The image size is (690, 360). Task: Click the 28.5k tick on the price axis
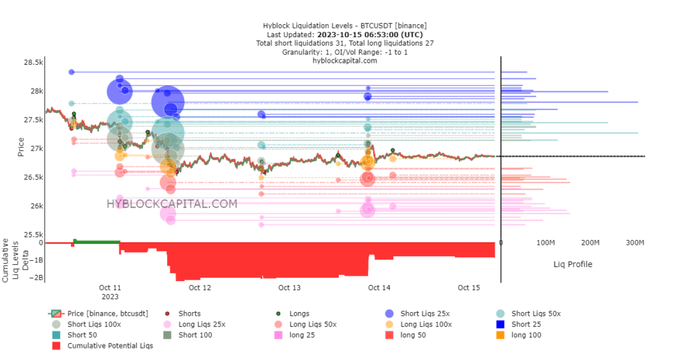[x=33, y=63]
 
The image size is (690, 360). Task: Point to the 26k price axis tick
[x=35, y=206]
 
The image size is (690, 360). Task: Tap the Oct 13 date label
[x=289, y=288]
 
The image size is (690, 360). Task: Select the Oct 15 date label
[x=468, y=288]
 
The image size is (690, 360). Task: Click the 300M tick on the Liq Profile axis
[x=635, y=243]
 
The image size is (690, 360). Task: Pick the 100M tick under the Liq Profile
[x=545, y=243]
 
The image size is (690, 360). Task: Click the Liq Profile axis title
[x=573, y=264]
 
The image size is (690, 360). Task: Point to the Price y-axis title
[x=22, y=148]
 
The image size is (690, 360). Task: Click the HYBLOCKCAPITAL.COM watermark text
[x=172, y=204]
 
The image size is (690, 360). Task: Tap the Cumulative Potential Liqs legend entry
[x=111, y=346]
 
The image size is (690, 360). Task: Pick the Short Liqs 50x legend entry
[x=536, y=313]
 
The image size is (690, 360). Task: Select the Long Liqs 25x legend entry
[x=201, y=324]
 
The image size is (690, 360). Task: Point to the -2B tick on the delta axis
[x=36, y=277]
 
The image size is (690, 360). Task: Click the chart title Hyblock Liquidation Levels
[x=344, y=26]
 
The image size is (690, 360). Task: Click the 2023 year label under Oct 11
[x=110, y=296]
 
